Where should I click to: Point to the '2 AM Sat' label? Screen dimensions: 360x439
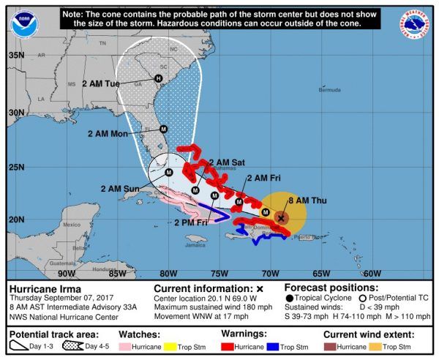[x=227, y=162]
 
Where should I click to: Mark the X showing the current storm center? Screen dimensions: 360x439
[x=282, y=217]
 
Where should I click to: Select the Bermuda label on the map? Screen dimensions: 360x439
[x=330, y=90]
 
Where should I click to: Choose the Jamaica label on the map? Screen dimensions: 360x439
[x=195, y=245]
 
